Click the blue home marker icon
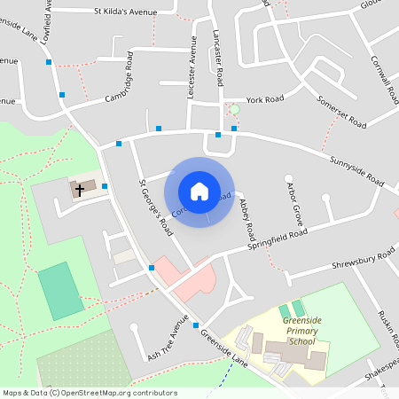(199, 192)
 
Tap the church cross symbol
(80, 189)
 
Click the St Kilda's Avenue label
(129, 12)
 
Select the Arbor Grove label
(294, 203)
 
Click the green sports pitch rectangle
(60, 290)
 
